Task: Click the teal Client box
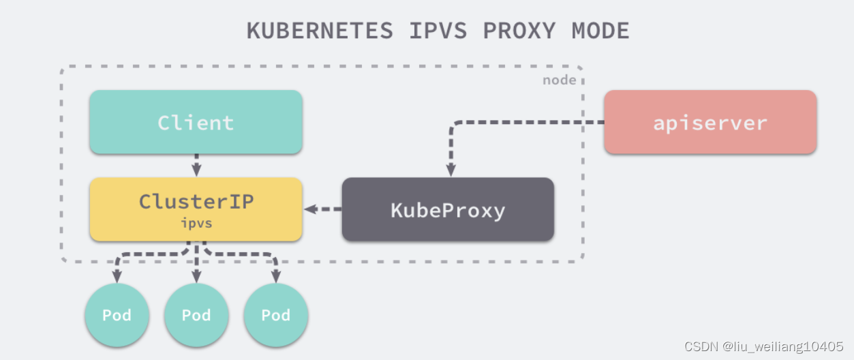[x=196, y=122]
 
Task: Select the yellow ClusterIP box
[x=196, y=209]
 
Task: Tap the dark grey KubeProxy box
[x=448, y=209]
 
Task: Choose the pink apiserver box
[x=710, y=122]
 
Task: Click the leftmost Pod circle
[x=117, y=315]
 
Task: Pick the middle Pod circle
[x=196, y=315]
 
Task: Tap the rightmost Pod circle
[x=276, y=315]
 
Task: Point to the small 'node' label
[x=559, y=80]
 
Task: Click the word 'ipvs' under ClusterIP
[x=196, y=222]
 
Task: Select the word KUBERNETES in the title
[x=320, y=31]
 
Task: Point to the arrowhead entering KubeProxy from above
[x=450, y=171]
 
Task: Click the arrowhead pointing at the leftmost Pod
[x=117, y=277]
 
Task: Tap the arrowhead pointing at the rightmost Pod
[x=276, y=277]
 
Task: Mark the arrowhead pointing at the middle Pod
[x=196, y=277]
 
